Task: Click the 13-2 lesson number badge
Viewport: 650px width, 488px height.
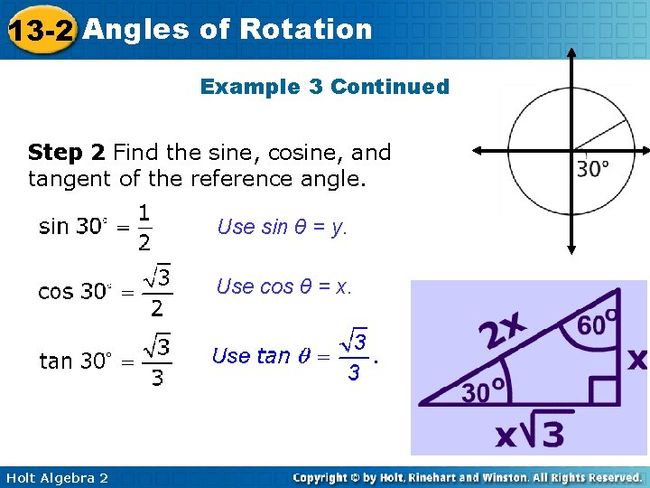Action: pyautogui.click(x=41, y=31)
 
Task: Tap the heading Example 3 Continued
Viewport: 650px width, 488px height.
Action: pyautogui.click(x=324, y=87)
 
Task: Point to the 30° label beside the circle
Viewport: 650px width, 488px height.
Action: pyautogui.click(x=593, y=169)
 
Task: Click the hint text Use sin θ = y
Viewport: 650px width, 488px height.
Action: pyautogui.click(x=282, y=227)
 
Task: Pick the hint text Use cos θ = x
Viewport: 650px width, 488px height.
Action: pyautogui.click(x=283, y=287)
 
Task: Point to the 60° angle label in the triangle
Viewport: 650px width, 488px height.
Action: pyautogui.click(x=597, y=325)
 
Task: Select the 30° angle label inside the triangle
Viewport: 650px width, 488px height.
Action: pyautogui.click(x=484, y=392)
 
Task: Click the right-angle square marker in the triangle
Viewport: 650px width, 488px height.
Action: pyautogui.click(x=604, y=389)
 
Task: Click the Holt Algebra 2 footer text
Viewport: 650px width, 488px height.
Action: pyautogui.click(x=56, y=477)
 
